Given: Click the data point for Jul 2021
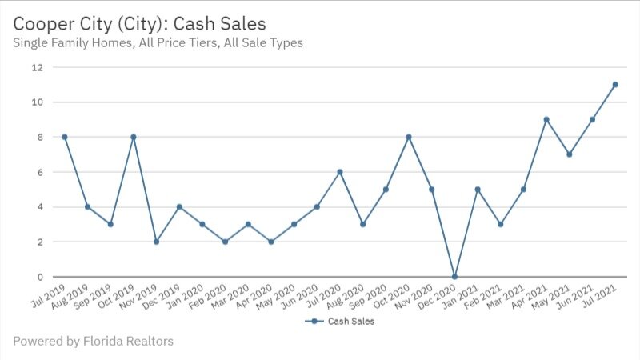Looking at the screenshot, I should [615, 85].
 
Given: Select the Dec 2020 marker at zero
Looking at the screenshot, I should [454, 277].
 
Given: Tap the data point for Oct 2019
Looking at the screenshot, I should [133, 137].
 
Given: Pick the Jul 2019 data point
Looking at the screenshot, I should [64, 137].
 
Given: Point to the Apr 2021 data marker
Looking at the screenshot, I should [546, 119].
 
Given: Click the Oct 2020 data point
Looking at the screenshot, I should [409, 137].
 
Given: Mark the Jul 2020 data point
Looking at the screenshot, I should [340, 172].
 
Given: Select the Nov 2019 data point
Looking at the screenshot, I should [156, 242].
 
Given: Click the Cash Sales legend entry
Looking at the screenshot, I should [341, 321].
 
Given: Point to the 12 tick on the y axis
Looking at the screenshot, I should [37, 67].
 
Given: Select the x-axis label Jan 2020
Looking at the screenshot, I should [187, 297].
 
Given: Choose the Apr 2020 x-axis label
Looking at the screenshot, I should [256, 297].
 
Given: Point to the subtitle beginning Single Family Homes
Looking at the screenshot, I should [158, 42].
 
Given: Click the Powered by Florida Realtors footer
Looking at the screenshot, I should [93, 342].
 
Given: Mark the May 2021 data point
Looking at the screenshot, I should [570, 154].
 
